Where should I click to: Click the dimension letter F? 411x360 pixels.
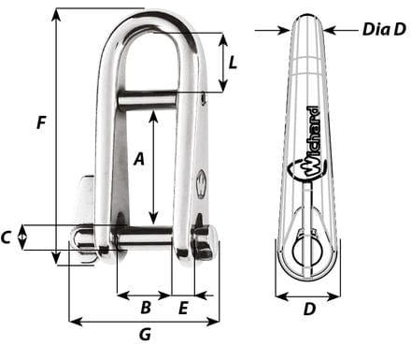click(38, 122)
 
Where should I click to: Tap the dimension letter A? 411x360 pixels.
click(138, 159)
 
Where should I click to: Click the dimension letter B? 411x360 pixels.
click(145, 307)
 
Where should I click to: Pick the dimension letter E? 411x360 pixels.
click(184, 307)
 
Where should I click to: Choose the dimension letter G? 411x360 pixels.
click(145, 334)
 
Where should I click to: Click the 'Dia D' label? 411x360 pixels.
click(383, 29)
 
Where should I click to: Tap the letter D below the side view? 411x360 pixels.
click(308, 308)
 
